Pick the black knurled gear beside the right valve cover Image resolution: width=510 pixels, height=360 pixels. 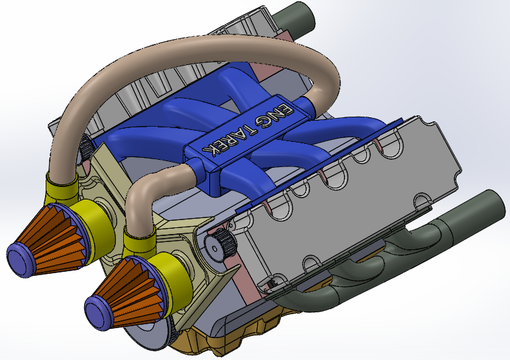click(223, 245)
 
